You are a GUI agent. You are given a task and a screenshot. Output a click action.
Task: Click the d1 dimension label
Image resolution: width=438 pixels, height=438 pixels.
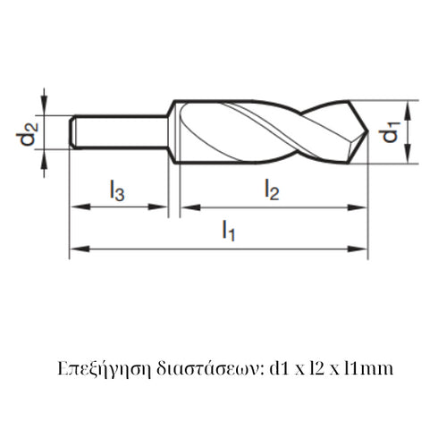pyautogui.click(x=391, y=133)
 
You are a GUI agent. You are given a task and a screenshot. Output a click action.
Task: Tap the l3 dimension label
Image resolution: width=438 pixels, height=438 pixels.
pyautogui.click(x=118, y=190)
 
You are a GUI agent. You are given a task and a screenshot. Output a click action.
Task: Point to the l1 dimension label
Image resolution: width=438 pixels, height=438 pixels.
pyautogui.click(x=229, y=232)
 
